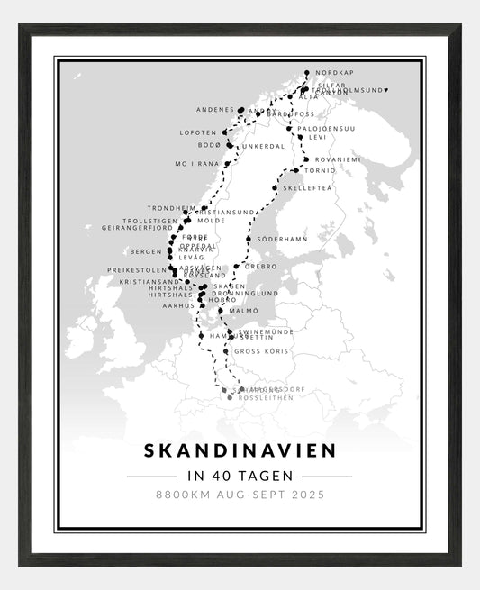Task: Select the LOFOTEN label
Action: (198, 132)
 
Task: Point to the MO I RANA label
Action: (196, 165)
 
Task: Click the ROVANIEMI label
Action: (338, 159)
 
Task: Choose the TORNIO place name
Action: (320, 170)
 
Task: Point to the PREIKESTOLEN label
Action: (137, 269)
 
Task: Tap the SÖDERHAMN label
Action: (282, 240)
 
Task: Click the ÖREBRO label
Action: (262, 267)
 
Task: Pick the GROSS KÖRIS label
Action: (259, 351)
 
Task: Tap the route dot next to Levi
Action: (300, 138)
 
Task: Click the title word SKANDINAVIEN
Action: (240, 449)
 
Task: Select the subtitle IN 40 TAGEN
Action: (240, 476)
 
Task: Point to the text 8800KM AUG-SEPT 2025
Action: (240, 495)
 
